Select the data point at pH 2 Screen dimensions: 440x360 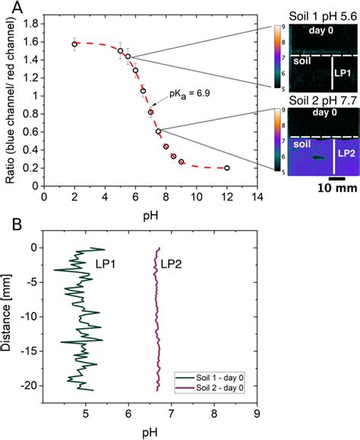[x=74, y=44]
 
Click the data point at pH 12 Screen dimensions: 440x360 [x=227, y=168]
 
